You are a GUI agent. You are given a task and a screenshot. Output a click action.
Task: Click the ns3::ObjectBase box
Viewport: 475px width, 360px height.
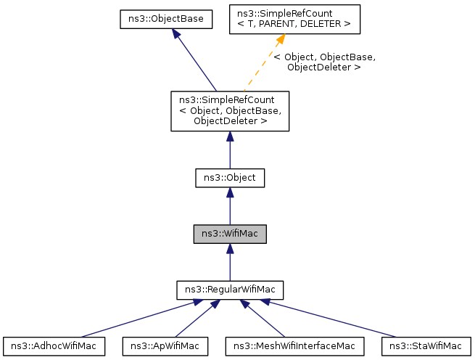click(x=166, y=20)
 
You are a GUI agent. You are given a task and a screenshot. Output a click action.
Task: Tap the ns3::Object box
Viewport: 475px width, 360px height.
click(x=230, y=176)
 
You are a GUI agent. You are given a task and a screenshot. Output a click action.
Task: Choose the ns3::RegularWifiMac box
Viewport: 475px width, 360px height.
click(x=230, y=290)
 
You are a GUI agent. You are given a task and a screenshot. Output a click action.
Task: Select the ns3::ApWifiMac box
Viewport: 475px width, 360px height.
click(x=165, y=346)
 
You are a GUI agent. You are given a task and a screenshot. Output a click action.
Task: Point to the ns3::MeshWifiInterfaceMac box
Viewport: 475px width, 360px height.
click(x=294, y=346)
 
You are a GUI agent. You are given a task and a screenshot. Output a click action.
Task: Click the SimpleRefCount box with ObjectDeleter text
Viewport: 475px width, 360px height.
click(x=230, y=111)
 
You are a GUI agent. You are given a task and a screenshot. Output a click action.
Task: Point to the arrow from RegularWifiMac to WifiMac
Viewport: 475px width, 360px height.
click(x=230, y=263)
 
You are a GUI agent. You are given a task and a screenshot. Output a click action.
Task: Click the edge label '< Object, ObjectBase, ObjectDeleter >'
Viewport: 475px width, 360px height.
click(x=324, y=62)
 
